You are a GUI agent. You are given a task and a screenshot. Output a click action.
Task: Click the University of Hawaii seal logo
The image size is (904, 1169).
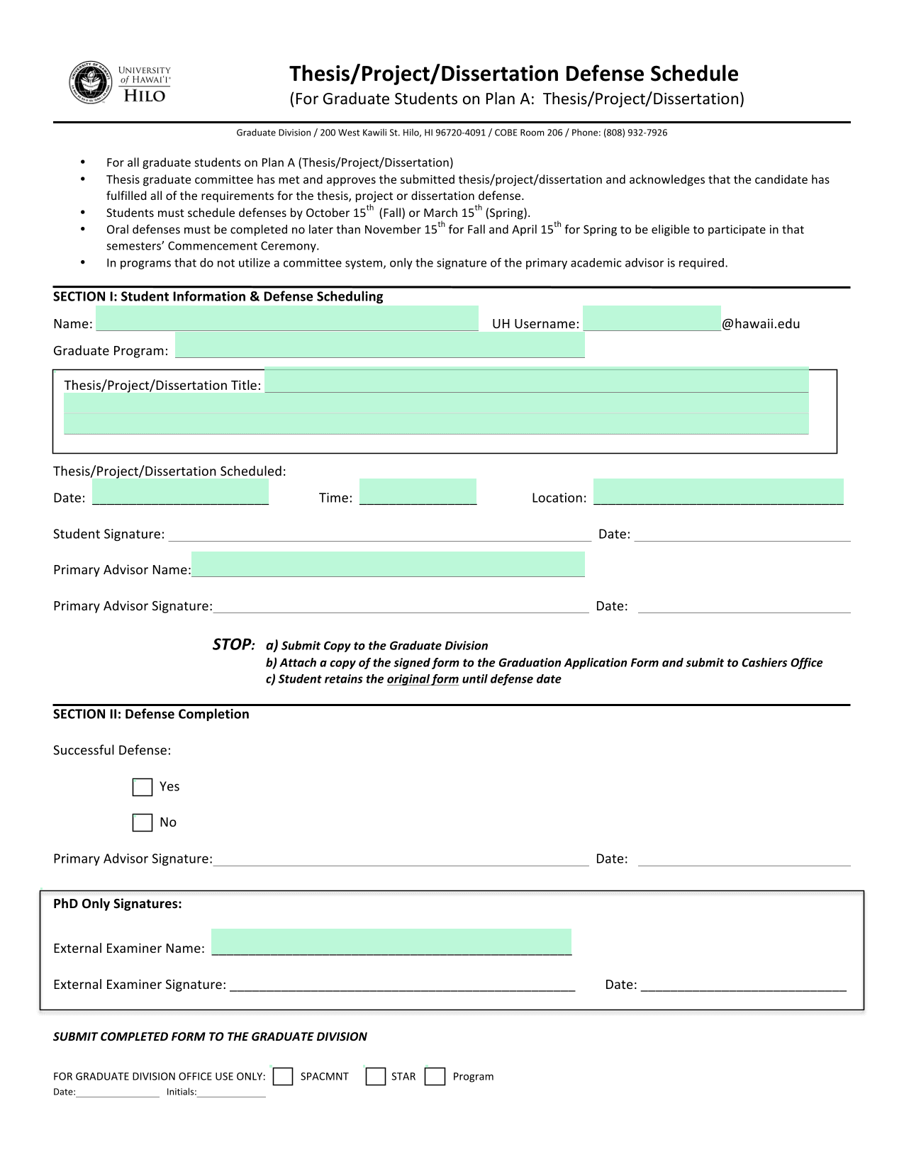(91, 83)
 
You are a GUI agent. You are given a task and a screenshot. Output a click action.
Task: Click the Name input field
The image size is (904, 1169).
(287, 319)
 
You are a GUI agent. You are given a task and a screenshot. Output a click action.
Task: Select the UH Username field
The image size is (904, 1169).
(652, 319)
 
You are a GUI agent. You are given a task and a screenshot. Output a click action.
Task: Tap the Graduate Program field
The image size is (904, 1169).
(379, 346)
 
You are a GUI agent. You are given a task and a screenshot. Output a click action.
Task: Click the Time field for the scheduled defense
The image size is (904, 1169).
(418, 492)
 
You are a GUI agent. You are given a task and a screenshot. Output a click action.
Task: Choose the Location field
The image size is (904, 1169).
(718, 492)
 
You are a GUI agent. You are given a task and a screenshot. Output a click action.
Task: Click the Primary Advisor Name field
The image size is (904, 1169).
(388, 565)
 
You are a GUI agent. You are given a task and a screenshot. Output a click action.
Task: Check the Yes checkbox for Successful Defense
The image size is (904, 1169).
(143, 787)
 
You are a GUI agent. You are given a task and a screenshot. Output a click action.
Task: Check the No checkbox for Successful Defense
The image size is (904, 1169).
(143, 822)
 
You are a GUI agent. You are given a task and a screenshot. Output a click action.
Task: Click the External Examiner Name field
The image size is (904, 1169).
(391, 942)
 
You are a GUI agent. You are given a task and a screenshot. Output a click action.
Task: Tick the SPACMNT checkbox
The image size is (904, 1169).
(283, 1076)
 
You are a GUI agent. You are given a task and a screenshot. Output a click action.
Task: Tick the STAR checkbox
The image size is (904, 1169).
(376, 1076)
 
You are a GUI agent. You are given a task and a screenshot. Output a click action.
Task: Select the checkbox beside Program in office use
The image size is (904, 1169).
(435, 1076)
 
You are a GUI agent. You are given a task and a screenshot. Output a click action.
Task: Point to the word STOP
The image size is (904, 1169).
(233, 644)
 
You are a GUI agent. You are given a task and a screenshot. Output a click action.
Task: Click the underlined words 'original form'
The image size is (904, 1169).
(423, 679)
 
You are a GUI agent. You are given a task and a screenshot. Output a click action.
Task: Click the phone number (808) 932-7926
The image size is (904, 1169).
(635, 133)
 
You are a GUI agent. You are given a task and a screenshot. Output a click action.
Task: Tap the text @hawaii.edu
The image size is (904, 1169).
(761, 324)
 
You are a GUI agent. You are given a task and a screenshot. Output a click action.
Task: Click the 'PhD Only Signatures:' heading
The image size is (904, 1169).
(118, 904)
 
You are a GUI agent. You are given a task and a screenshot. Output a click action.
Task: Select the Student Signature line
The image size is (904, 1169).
(379, 535)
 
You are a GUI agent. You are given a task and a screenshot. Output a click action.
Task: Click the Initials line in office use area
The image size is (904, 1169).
(231, 1092)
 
